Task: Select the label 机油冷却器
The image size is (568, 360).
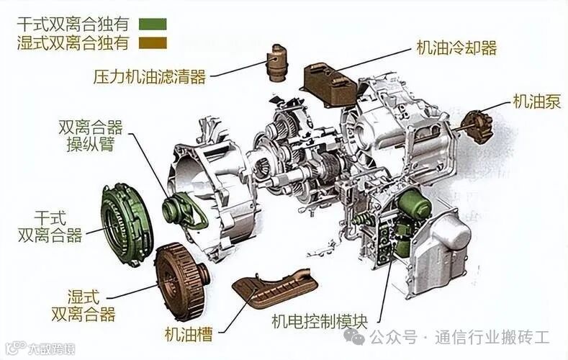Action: (456, 48)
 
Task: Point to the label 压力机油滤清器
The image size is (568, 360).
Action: (150, 76)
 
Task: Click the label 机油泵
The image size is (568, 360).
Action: (536, 101)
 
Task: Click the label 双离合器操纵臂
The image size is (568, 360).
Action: (90, 136)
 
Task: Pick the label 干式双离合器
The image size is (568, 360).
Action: (50, 226)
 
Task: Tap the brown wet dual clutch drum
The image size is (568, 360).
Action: (180, 280)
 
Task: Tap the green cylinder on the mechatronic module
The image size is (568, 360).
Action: (415, 205)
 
